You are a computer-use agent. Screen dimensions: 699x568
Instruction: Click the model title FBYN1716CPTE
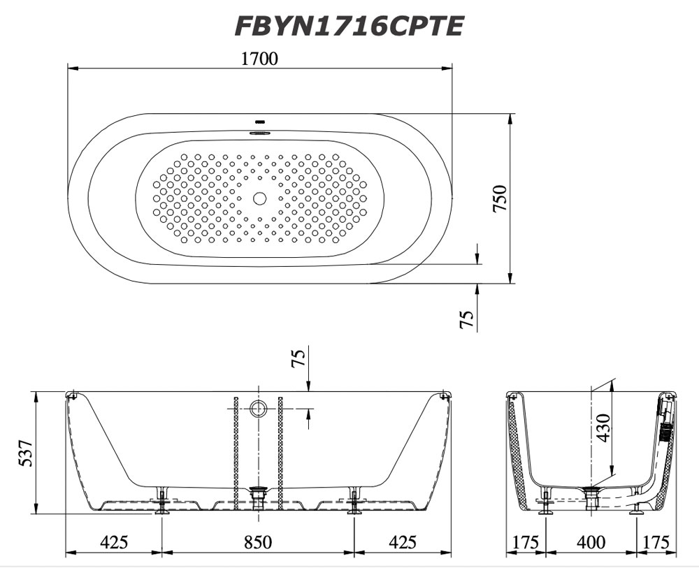coord(349,27)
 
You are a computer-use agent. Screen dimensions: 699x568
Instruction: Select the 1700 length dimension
coord(259,59)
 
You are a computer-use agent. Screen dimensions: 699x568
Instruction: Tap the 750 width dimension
coord(500,198)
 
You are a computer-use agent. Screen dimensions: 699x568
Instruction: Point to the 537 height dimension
coord(25,453)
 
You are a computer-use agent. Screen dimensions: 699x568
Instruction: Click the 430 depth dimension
coord(603,428)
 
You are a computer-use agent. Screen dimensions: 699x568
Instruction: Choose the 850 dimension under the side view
coord(258,542)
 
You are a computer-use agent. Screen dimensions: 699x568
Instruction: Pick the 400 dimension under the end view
coord(591,542)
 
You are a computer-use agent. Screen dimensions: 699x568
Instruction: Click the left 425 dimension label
coord(114,542)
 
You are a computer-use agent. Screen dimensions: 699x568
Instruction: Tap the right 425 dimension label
coord(402,542)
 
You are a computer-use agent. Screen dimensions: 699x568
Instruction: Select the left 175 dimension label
coord(525,542)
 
